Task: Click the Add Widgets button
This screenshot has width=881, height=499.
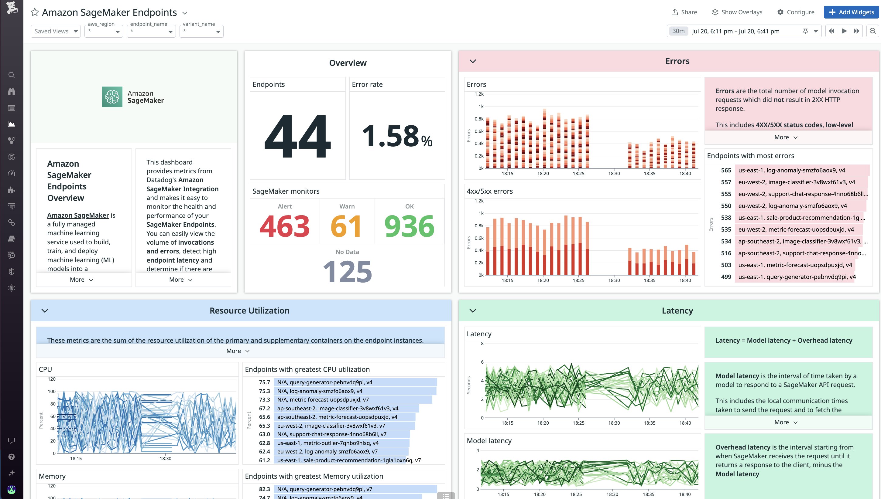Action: [x=851, y=12]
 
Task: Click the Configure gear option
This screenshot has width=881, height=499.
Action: [x=796, y=12]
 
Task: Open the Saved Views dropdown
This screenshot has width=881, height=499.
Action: [x=56, y=31]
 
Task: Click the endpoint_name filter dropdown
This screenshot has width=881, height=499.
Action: [x=151, y=31]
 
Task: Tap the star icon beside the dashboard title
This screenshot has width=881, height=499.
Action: [x=35, y=12]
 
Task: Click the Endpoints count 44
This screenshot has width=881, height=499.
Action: [x=297, y=136]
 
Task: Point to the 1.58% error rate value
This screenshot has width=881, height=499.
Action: [x=397, y=136]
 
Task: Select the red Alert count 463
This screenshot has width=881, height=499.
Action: [x=284, y=226]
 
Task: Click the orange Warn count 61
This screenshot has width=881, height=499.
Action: [x=346, y=226]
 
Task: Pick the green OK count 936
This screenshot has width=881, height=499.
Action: [x=409, y=226]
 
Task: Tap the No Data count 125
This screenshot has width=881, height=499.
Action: [x=347, y=271]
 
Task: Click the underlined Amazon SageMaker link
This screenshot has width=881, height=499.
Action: [x=78, y=215]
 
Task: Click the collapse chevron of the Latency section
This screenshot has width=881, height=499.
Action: [x=473, y=311]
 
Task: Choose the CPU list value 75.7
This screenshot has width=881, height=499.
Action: [x=264, y=382]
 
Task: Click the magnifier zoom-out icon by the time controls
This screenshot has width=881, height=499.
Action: [x=872, y=31]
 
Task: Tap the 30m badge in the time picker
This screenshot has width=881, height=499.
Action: [x=678, y=31]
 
